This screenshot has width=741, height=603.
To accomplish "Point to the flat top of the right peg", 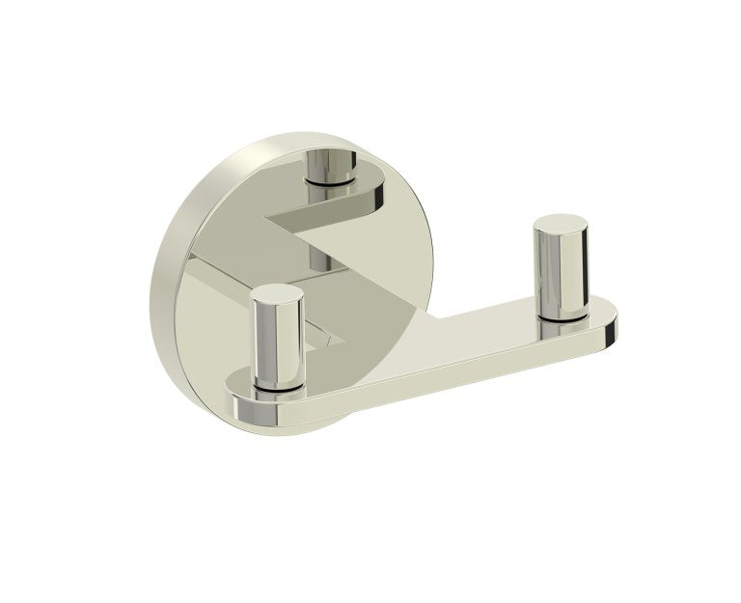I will (558, 225).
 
